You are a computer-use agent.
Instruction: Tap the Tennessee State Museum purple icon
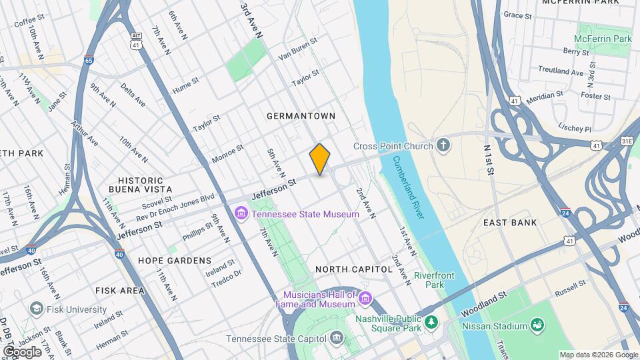241,214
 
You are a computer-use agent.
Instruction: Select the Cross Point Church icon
443,146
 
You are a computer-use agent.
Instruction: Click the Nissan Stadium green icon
537,325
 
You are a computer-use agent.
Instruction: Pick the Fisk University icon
36,309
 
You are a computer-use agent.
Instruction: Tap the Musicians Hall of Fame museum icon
365,298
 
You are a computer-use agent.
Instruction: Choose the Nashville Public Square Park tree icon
431,323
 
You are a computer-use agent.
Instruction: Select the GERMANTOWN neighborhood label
301,116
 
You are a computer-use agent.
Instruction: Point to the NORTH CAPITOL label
353,269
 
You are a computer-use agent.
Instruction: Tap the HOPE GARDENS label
175,261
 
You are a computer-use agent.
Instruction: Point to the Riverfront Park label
434,280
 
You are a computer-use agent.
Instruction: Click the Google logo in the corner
22,351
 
